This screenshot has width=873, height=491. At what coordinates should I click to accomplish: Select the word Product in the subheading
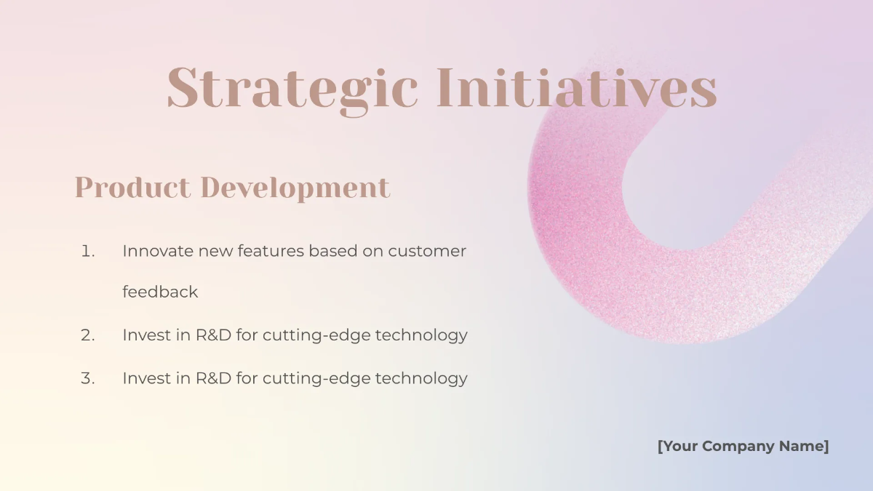[132, 188]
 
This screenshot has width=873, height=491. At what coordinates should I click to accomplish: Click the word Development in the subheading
[295, 188]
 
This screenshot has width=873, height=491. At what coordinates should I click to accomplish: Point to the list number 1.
[87, 252]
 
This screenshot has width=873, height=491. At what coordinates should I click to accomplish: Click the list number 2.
[87, 335]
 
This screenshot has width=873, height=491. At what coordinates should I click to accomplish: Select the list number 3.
[87, 379]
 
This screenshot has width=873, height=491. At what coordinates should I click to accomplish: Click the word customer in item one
[427, 252]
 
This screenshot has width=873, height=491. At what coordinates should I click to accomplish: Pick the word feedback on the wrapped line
[160, 292]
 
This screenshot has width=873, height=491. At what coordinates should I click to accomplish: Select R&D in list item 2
[213, 335]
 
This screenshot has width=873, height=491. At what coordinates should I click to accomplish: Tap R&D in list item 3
[213, 379]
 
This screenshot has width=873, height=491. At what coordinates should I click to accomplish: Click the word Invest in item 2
[146, 335]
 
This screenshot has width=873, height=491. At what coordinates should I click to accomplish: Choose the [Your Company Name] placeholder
[743, 447]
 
